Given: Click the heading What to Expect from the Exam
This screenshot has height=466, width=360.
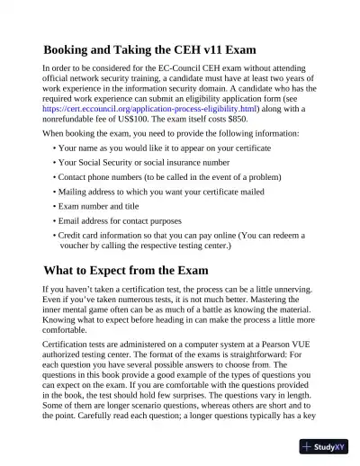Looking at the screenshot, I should click(125, 270).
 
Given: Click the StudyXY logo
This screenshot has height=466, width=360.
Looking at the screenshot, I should click(325, 447).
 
